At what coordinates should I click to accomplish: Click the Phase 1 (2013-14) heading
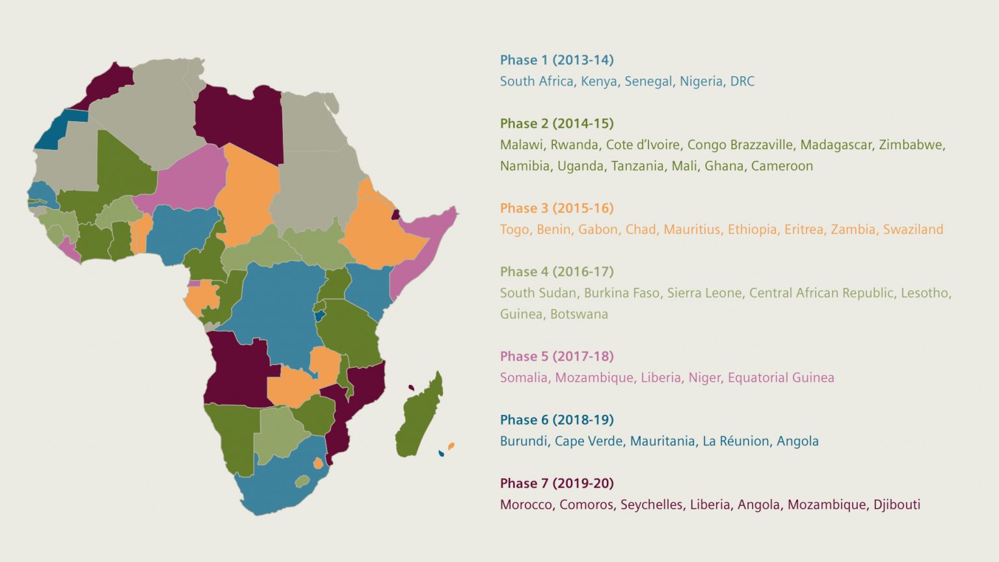pos(556,60)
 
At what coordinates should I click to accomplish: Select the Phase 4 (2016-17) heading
pos(556,272)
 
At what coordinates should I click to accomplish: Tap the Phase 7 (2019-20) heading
pos(556,483)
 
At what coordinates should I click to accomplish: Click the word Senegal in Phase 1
pos(648,81)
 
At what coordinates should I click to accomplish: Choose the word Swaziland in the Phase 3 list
pos(912,229)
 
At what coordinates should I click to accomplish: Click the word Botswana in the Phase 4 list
pos(579,314)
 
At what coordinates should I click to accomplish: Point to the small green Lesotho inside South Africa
pos(302,481)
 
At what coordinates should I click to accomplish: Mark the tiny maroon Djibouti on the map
pos(395,214)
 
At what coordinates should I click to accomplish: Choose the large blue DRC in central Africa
pos(280,306)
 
